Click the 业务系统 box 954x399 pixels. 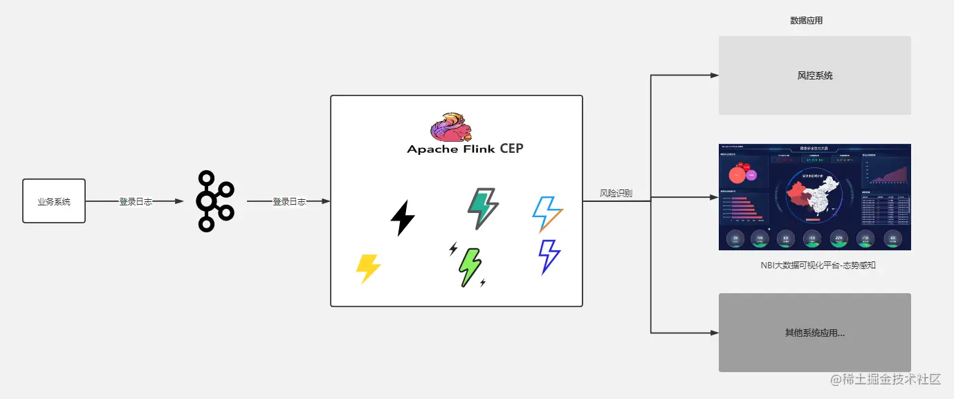point(54,201)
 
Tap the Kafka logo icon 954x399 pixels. point(214,201)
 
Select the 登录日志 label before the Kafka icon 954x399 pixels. point(136,202)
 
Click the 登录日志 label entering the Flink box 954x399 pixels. point(289,202)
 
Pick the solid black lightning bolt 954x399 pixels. point(403,218)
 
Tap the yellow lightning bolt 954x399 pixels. point(368,268)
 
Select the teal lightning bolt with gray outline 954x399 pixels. point(483,208)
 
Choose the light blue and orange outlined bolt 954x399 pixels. point(547,214)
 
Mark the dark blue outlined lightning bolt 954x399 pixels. point(549,257)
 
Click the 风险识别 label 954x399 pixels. point(616,194)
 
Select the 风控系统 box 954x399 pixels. point(815,75)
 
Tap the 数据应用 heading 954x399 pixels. point(807,21)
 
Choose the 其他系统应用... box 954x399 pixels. point(815,333)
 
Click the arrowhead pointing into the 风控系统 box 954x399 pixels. point(715,75)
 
